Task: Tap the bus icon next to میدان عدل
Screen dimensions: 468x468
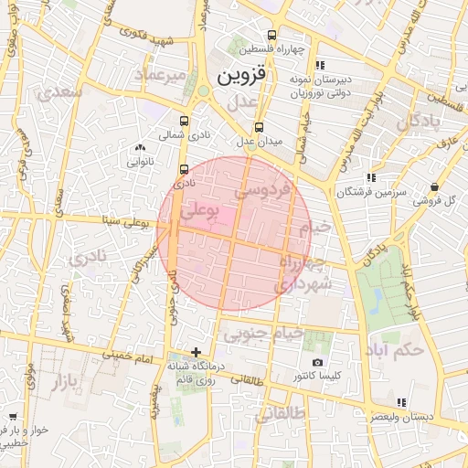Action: (260, 128)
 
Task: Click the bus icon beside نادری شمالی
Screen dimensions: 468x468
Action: (185, 121)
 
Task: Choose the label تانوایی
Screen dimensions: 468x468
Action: (139, 161)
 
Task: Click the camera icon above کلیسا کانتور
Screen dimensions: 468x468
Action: (317, 363)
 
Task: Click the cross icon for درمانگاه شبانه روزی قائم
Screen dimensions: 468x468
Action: (196, 352)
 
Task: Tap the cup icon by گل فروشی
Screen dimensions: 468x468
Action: (432, 187)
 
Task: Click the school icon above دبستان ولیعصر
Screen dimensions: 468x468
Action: (400, 402)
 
